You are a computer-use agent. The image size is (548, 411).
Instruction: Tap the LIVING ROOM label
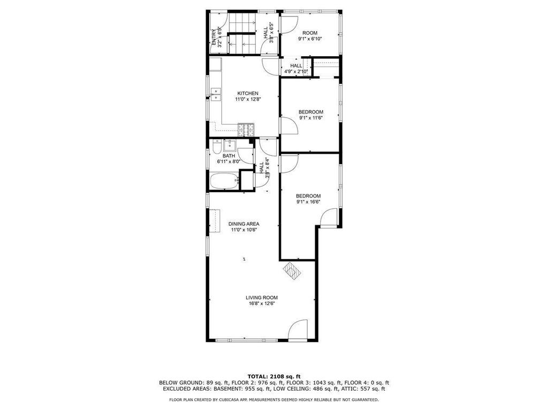click(262, 298)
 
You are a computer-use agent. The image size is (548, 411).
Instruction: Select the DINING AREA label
click(243, 224)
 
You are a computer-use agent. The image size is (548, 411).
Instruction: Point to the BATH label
click(229, 156)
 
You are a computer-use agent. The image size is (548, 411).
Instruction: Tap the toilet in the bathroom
click(216, 146)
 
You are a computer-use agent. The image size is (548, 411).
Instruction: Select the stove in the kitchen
click(245, 130)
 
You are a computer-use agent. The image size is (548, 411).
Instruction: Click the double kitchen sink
click(216, 94)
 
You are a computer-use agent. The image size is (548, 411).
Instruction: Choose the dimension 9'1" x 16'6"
click(308, 202)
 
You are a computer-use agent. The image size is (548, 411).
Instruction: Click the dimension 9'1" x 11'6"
click(310, 118)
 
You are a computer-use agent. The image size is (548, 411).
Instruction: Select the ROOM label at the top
click(310, 33)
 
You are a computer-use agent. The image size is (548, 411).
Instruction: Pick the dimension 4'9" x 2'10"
click(296, 71)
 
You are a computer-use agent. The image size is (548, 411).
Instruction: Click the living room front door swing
click(298, 331)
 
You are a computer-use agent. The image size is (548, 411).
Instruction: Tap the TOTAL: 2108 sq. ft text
click(273, 376)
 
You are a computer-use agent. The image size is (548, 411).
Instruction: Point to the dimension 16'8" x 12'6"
click(262, 304)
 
